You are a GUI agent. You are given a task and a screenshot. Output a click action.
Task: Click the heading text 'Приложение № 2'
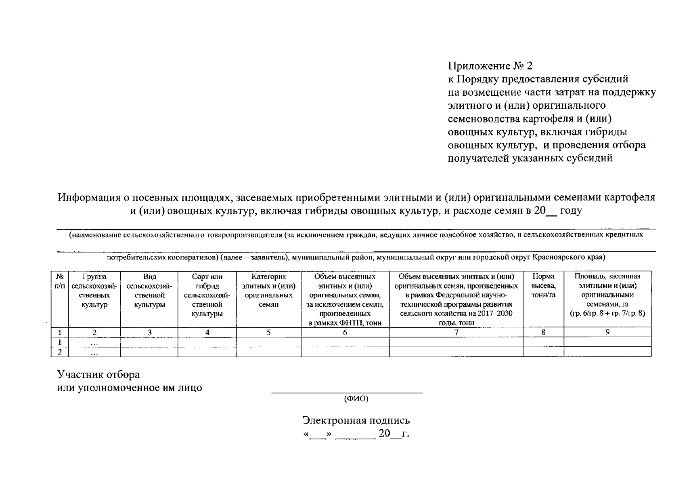[x=490, y=66]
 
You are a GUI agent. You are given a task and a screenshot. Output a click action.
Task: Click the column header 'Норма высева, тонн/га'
[x=543, y=286]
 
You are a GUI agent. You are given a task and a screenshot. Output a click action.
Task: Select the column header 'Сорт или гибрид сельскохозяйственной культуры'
[x=207, y=295]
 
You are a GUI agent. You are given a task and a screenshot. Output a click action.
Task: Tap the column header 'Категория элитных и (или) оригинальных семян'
[x=268, y=290]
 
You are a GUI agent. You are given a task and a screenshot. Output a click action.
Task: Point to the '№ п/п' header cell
[x=60, y=281]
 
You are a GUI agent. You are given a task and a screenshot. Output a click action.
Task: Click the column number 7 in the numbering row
[x=456, y=332]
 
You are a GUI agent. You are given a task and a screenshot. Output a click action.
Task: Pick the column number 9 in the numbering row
[x=607, y=332]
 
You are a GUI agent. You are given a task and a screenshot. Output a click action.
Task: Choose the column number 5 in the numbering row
[x=268, y=332]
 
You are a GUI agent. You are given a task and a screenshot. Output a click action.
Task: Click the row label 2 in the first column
[x=60, y=352]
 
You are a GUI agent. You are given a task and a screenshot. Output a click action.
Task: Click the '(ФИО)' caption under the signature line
[x=356, y=399]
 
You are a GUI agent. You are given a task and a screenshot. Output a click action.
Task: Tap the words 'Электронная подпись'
[x=356, y=420]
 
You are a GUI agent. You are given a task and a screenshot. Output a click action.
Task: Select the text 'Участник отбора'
[x=98, y=375]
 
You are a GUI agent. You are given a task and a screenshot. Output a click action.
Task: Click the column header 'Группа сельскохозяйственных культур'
[x=94, y=290]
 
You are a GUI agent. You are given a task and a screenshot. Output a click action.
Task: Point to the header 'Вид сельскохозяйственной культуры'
[x=149, y=290]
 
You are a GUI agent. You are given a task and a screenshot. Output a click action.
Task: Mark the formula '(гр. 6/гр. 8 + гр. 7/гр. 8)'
[x=607, y=313]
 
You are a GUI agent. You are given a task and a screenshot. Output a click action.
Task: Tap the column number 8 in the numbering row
[x=543, y=332]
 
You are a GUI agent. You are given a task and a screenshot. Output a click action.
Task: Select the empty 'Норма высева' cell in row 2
[x=543, y=352]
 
